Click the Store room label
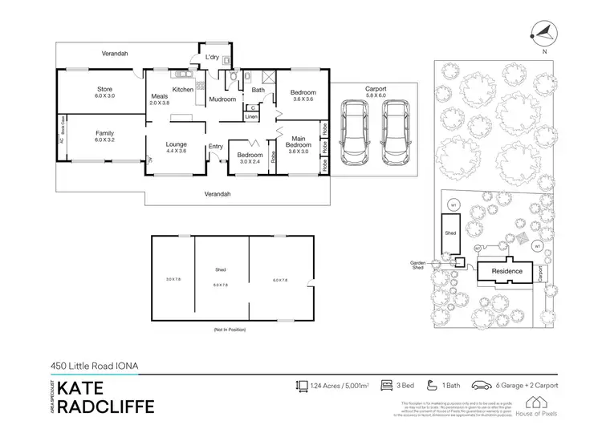point(105,89)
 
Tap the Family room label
point(105,132)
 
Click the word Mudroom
point(222,99)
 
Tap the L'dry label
point(212,58)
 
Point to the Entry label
point(216,146)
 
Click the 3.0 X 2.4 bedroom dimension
point(250,161)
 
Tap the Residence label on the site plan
point(507,271)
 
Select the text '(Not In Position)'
point(230,330)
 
